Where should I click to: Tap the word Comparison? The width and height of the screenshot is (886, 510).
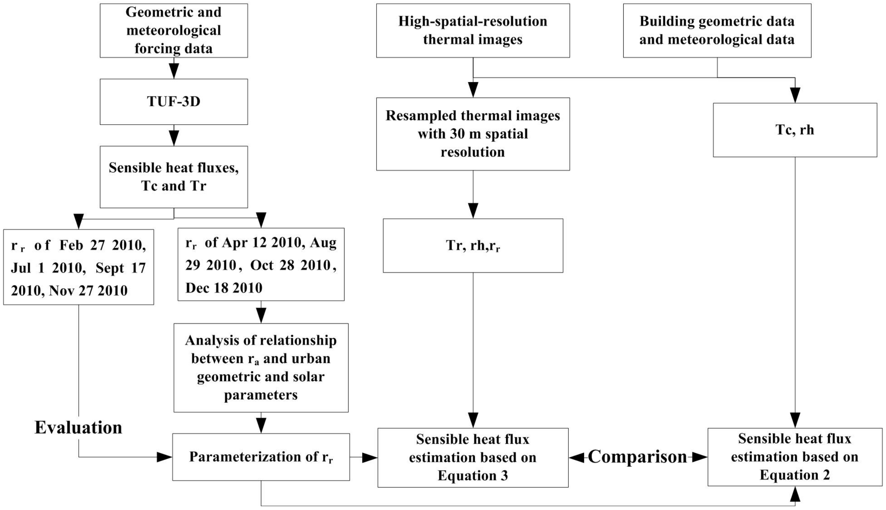637,457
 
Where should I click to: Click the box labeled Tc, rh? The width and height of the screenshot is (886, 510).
795,130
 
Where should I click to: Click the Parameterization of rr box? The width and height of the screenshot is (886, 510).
261,457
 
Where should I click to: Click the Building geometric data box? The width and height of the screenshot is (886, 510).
717,30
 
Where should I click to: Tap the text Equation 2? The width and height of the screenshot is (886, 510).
795,475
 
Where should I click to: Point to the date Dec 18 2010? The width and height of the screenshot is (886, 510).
224,288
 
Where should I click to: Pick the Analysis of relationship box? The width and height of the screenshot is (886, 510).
261,367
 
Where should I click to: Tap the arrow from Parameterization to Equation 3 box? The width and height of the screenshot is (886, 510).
364,457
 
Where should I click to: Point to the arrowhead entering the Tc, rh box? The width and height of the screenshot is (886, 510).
795,95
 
